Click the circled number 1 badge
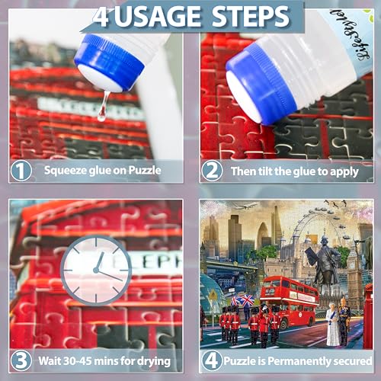point(21,170)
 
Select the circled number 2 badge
point(213,170)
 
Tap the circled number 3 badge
point(21,360)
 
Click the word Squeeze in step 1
point(66,170)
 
